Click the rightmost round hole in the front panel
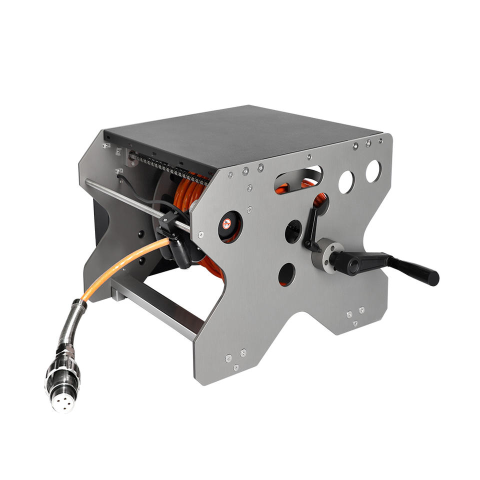click(373, 171)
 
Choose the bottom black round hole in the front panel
click(286, 274)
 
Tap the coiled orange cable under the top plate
click(190, 192)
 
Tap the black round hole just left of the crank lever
click(293, 231)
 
